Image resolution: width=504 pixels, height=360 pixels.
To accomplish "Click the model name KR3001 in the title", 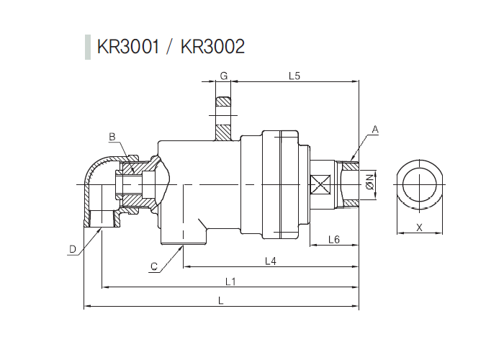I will pyautogui.click(x=128, y=47).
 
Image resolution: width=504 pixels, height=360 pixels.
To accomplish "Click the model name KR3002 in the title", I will pyautogui.click(x=212, y=47).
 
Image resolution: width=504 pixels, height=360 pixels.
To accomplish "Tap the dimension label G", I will pyautogui.click(x=223, y=76).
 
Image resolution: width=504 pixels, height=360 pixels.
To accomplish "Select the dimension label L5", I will pyautogui.click(x=294, y=76).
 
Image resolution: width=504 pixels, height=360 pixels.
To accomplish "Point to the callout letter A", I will pyautogui.click(x=375, y=130).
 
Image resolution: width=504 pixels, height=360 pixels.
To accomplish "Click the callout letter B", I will pyautogui.click(x=112, y=136).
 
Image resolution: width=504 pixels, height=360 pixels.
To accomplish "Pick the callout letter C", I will pyautogui.click(x=153, y=267).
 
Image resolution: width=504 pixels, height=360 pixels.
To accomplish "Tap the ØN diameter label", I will pyautogui.click(x=370, y=184).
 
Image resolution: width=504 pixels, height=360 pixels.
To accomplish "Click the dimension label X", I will pyautogui.click(x=419, y=227).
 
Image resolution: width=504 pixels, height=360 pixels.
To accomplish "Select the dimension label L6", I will pyautogui.click(x=333, y=238).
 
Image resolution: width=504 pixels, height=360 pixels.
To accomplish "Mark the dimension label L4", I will pyautogui.click(x=271, y=261).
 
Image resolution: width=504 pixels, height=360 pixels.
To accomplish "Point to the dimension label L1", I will pyautogui.click(x=230, y=281).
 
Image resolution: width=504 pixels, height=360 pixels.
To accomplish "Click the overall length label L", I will pyautogui.click(x=220, y=301).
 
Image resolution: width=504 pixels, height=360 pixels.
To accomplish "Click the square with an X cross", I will pyautogui.click(x=319, y=185).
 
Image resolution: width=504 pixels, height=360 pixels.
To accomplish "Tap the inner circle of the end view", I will pyautogui.click(x=419, y=185).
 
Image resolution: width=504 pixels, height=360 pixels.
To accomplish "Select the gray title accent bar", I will pyautogui.click(x=88, y=47).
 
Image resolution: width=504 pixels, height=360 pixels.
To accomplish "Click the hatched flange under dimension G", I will pyautogui.click(x=223, y=119).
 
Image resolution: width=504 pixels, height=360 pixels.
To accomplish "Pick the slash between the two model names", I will pyautogui.click(x=170, y=47).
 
